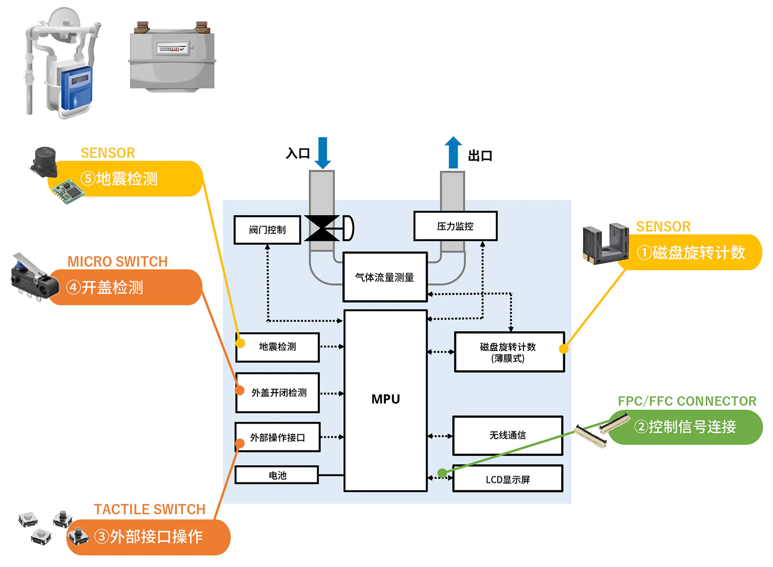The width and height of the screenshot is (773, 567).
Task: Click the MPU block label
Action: coord(385,399)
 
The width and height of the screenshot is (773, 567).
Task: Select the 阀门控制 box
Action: coord(267,230)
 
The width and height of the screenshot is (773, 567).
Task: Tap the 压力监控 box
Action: coord(455,226)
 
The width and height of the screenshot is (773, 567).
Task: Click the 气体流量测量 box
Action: coord(384,277)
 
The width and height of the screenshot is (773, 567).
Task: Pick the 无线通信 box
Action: coord(508,435)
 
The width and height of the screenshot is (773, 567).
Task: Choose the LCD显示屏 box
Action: coord(508,479)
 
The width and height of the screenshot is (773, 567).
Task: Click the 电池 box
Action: coord(277,475)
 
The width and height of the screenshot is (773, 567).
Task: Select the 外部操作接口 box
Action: coord(277,438)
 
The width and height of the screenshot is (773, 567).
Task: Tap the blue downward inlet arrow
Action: coord(323,153)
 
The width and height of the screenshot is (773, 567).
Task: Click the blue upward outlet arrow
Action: coord(453,153)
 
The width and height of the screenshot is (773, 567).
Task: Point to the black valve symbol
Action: coord(322,228)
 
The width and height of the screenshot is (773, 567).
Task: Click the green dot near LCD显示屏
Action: coord(442,473)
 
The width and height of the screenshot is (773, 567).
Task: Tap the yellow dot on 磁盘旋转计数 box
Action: coord(564,349)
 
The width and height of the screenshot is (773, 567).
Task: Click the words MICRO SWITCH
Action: coord(117,262)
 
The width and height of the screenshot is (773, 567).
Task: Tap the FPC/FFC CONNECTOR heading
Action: coord(687,401)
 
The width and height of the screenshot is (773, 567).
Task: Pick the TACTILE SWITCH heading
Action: coord(149,509)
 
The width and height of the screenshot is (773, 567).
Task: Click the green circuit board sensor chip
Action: coord(68,191)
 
